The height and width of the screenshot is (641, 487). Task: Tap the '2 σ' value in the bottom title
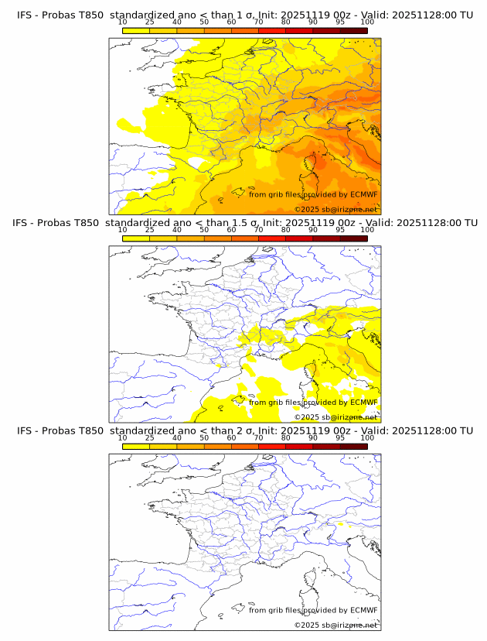(x=248, y=430)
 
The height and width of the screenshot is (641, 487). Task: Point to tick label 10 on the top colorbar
(x=122, y=22)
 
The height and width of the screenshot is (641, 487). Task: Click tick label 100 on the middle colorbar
(x=367, y=230)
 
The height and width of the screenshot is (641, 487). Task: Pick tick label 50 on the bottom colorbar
(x=204, y=438)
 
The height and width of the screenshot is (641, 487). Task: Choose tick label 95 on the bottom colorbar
(x=340, y=438)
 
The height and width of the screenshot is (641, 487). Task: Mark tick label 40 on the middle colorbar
(x=177, y=230)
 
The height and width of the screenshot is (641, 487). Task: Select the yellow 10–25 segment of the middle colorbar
(x=136, y=238)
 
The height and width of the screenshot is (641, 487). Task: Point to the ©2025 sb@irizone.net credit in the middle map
(x=335, y=417)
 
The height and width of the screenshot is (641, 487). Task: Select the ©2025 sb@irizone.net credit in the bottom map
(x=335, y=625)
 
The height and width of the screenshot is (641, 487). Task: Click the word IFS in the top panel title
(x=25, y=15)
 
